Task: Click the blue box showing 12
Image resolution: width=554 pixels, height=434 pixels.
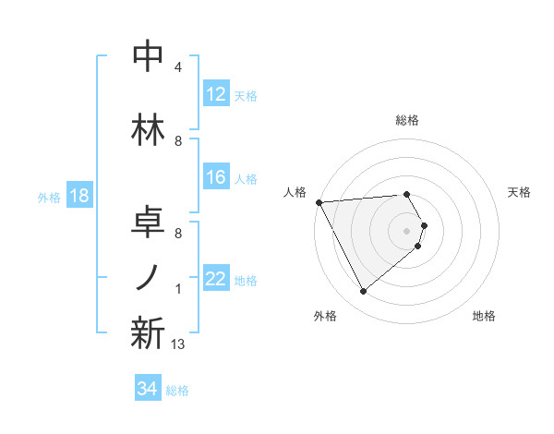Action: tap(215, 94)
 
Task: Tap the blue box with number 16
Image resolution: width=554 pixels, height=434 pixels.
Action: tap(215, 178)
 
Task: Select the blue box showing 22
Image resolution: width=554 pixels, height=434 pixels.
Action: tap(215, 280)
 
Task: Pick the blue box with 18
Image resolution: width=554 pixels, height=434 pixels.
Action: tap(78, 197)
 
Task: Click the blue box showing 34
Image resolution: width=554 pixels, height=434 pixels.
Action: tap(147, 389)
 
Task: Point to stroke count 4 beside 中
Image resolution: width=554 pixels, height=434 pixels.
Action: tap(178, 67)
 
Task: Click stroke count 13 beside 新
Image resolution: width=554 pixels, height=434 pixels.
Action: tap(178, 344)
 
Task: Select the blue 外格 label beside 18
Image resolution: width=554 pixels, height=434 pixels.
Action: tap(48, 198)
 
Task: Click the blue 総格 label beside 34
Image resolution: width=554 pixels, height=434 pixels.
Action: tap(178, 391)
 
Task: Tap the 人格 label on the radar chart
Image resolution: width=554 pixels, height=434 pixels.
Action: tap(295, 192)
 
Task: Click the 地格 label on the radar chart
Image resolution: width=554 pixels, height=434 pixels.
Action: tap(484, 316)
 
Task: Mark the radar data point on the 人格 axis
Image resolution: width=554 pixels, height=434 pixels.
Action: tap(319, 201)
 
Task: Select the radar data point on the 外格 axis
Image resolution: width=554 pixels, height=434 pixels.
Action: tap(363, 292)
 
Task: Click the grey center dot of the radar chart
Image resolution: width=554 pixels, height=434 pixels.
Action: tap(406, 230)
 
